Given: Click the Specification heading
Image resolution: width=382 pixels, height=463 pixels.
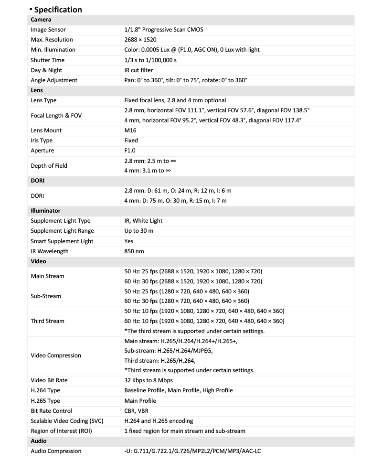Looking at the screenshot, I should (x=58, y=10).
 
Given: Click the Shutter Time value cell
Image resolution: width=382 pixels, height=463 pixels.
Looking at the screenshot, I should (x=150, y=60).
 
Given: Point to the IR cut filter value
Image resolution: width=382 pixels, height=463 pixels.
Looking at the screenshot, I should (x=138, y=70).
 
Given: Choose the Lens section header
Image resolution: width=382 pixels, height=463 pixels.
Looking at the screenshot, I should (x=37, y=90).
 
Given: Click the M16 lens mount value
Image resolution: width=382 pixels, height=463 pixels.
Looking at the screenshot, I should (x=130, y=130).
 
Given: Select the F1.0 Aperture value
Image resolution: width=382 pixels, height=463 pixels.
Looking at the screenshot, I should (x=130, y=151).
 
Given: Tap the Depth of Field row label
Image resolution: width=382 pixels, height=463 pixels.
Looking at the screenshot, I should (x=49, y=166).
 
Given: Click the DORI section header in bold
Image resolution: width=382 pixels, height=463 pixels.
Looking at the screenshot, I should (x=38, y=181).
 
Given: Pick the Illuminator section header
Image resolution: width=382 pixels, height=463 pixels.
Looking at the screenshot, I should (x=45, y=211).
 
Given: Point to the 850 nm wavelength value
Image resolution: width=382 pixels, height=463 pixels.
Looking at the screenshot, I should (x=134, y=251).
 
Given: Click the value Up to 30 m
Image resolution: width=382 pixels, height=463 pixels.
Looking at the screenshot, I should (x=139, y=231).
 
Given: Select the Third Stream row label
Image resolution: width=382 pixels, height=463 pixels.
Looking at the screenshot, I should (x=47, y=321).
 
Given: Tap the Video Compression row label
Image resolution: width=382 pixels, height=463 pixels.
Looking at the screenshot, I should (x=56, y=355).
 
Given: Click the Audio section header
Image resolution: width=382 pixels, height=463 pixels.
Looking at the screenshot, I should (x=39, y=441).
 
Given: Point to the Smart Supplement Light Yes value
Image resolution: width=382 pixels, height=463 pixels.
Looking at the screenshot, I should (x=129, y=241).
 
